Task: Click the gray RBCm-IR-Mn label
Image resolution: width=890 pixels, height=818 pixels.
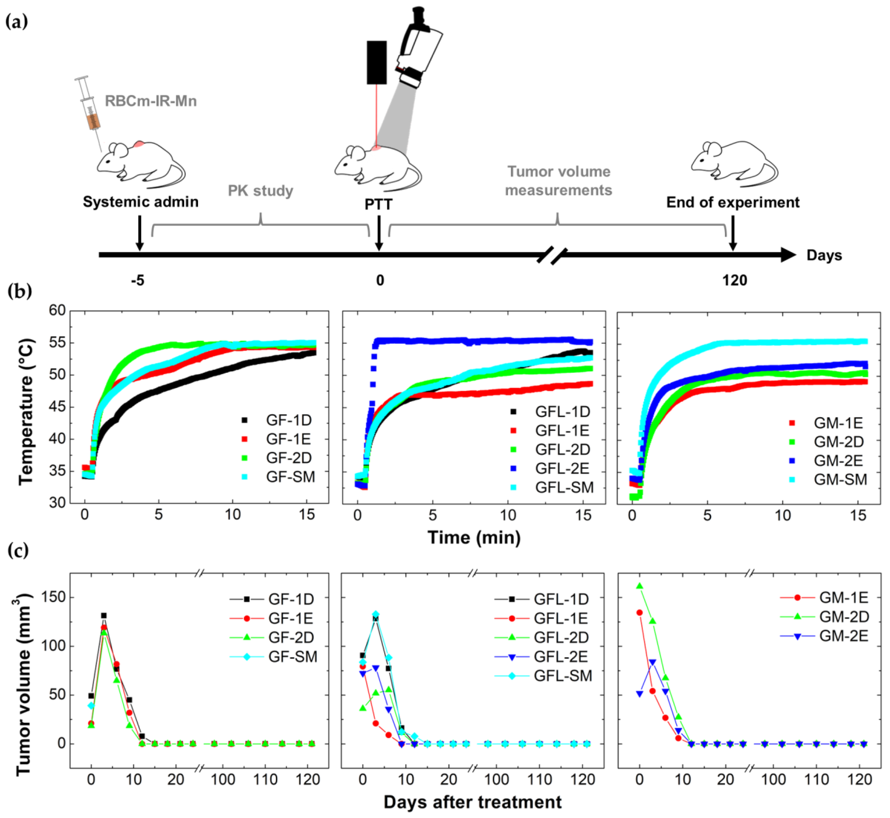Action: [x=151, y=101]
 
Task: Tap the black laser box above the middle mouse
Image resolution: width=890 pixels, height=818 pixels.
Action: [x=377, y=62]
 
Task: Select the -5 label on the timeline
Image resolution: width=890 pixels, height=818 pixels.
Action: [x=138, y=281]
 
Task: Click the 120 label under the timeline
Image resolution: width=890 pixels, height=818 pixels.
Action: [x=735, y=281]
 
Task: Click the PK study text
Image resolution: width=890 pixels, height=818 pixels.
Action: [x=260, y=191]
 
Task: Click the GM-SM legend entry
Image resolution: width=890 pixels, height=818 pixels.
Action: [x=828, y=479]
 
